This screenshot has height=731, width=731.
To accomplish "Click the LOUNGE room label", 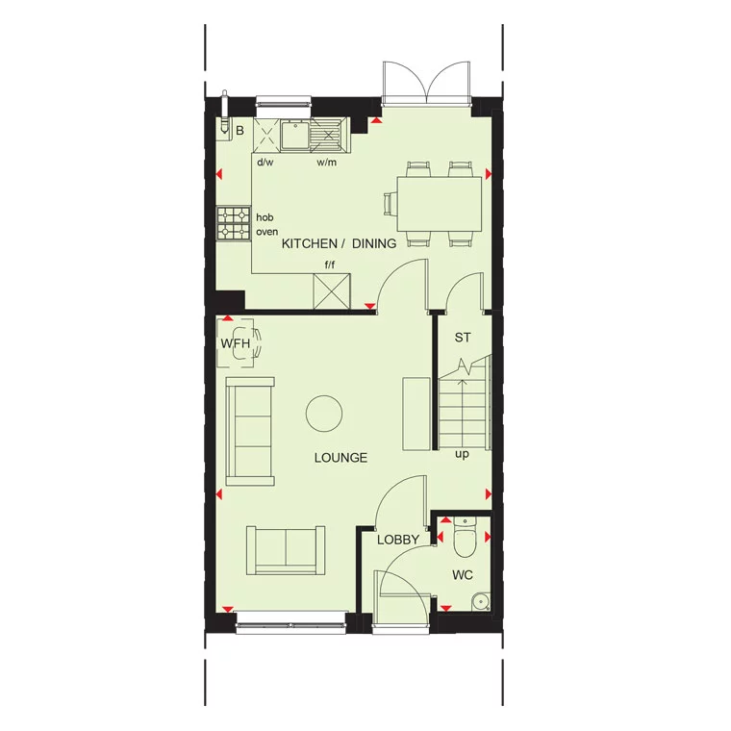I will pyautogui.click(x=340, y=458).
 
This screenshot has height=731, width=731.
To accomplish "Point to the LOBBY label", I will pyautogui.click(x=397, y=541).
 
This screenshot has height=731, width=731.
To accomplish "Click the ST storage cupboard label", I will pyautogui.click(x=463, y=337).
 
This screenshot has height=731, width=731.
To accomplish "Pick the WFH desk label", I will pyautogui.click(x=234, y=343).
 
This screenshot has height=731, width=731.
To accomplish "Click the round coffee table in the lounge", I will pyautogui.click(x=323, y=414).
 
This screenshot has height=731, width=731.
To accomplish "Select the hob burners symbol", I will pyautogui.click(x=234, y=224).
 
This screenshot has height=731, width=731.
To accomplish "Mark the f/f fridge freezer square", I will pyautogui.click(x=333, y=290).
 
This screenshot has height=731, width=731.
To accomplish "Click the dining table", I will pyautogui.click(x=440, y=202).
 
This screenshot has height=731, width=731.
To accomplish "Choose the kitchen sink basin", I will pyautogui.click(x=293, y=135).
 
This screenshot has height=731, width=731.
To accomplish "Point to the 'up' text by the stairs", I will pyautogui.click(x=462, y=454).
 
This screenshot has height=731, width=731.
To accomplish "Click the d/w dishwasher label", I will pyautogui.click(x=265, y=163).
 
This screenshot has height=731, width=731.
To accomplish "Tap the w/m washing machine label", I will pyautogui.click(x=327, y=163).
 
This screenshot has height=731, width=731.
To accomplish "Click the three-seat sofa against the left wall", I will pyautogui.click(x=250, y=432).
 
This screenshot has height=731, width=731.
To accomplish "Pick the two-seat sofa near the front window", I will pyautogui.click(x=285, y=548).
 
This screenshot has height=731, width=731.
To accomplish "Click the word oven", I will pyautogui.click(x=266, y=232).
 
